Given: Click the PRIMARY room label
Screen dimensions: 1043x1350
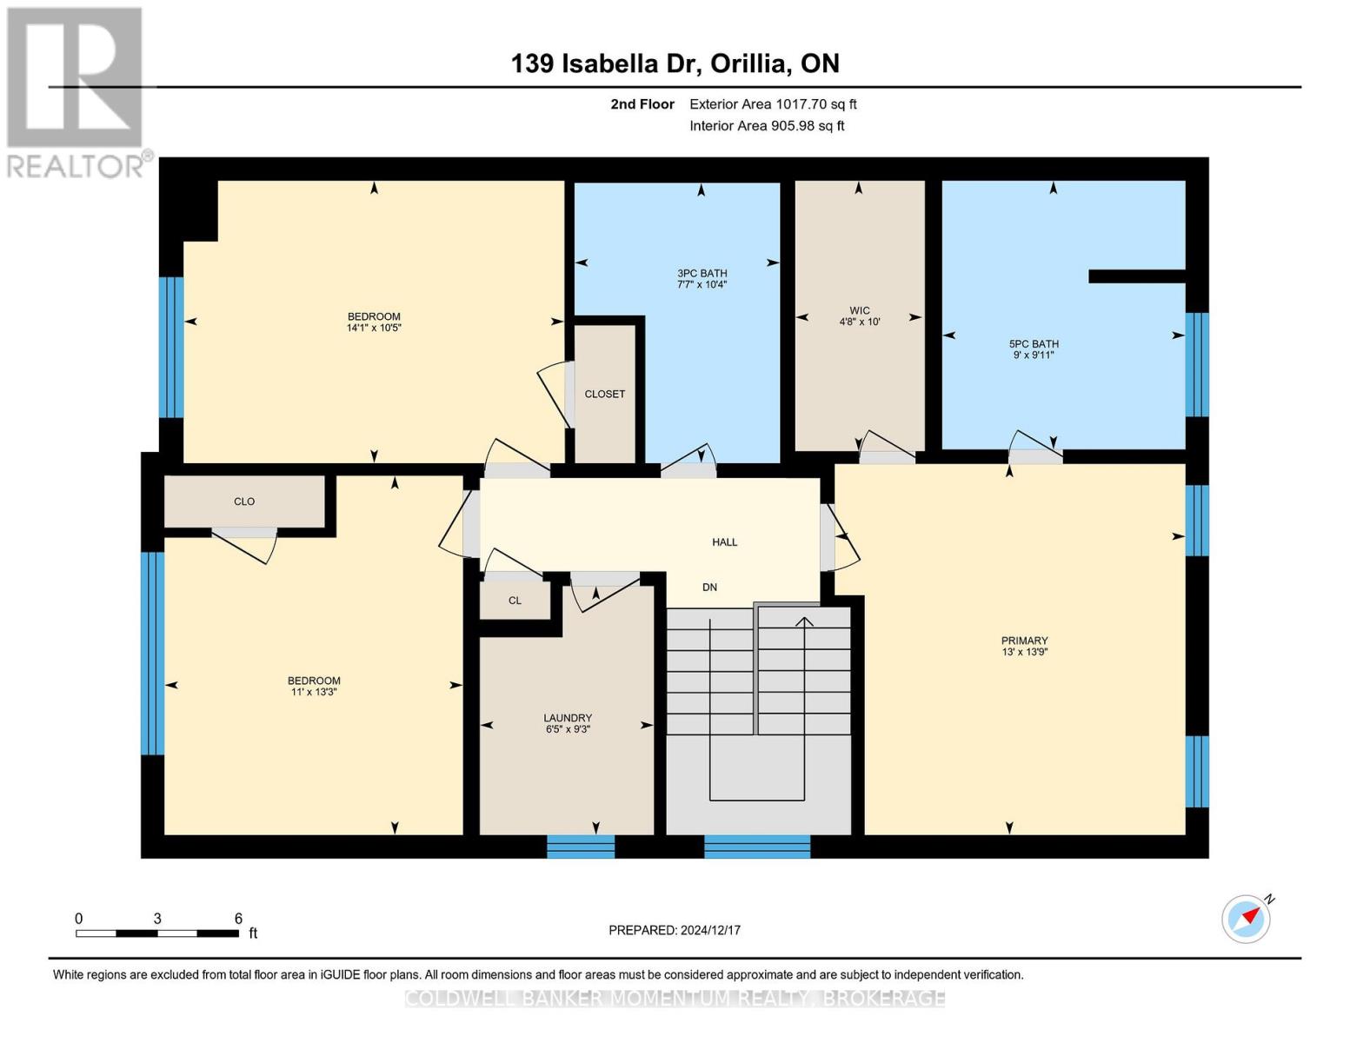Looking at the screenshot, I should (x=1024, y=641).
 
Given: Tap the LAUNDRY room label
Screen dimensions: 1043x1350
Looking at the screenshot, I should (x=568, y=718).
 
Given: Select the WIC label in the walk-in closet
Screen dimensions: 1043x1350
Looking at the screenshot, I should (x=859, y=310).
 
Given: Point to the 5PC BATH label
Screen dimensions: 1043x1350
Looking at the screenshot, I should (x=1033, y=344).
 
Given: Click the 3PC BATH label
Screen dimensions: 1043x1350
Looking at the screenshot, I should (x=702, y=273).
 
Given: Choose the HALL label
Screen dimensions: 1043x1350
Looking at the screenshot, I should (x=724, y=542).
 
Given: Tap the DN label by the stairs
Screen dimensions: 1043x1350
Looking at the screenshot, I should (x=709, y=588).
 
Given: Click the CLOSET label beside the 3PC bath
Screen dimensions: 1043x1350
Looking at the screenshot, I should (x=604, y=394).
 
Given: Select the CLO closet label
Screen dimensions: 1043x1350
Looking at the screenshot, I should (x=244, y=502).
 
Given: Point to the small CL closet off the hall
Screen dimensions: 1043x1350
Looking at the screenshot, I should (x=515, y=601).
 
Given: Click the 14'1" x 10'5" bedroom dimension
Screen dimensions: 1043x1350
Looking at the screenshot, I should (x=374, y=329).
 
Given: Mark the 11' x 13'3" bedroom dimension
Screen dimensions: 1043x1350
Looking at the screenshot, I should (x=314, y=693).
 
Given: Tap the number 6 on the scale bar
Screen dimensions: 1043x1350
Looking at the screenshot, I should (x=238, y=919).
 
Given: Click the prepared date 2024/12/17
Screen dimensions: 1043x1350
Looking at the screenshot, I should (x=710, y=930).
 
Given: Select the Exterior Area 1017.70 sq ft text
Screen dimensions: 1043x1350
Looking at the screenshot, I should (x=773, y=104).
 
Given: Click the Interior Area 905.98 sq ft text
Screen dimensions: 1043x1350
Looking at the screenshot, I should (x=767, y=126).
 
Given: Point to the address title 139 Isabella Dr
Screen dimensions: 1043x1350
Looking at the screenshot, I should (x=674, y=63).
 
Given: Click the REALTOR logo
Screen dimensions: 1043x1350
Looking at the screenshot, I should (x=76, y=92).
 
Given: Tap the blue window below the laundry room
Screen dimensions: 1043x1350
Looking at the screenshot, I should (x=581, y=847).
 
